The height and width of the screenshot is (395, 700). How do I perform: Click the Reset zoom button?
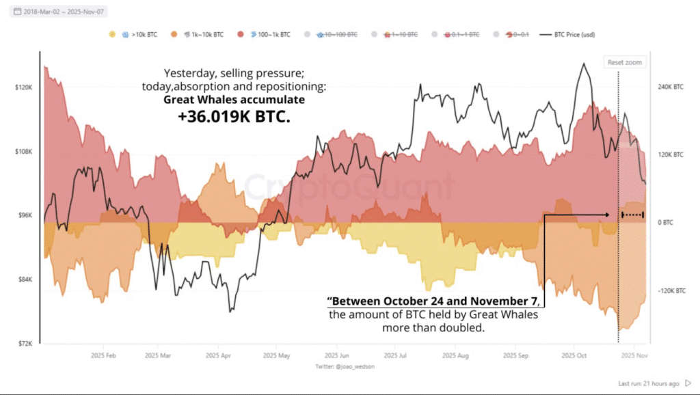pyautogui.click(x=625, y=62)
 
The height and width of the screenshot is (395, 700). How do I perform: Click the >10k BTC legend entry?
pyautogui.click(x=141, y=33)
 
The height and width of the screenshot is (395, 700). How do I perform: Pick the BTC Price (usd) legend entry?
pyautogui.click(x=571, y=33)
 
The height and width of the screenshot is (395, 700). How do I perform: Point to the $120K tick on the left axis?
pyautogui.click(x=23, y=87)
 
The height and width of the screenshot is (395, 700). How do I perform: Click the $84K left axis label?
pyautogui.click(x=24, y=280)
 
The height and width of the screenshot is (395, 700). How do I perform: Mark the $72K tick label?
pyautogui.click(x=24, y=343)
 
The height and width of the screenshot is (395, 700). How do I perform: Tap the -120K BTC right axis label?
pyautogui.click(x=670, y=290)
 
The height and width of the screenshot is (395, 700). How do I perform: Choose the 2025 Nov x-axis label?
pyautogui.click(x=633, y=356)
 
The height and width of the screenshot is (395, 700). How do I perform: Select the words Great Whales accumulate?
pyautogui.click(x=234, y=100)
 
